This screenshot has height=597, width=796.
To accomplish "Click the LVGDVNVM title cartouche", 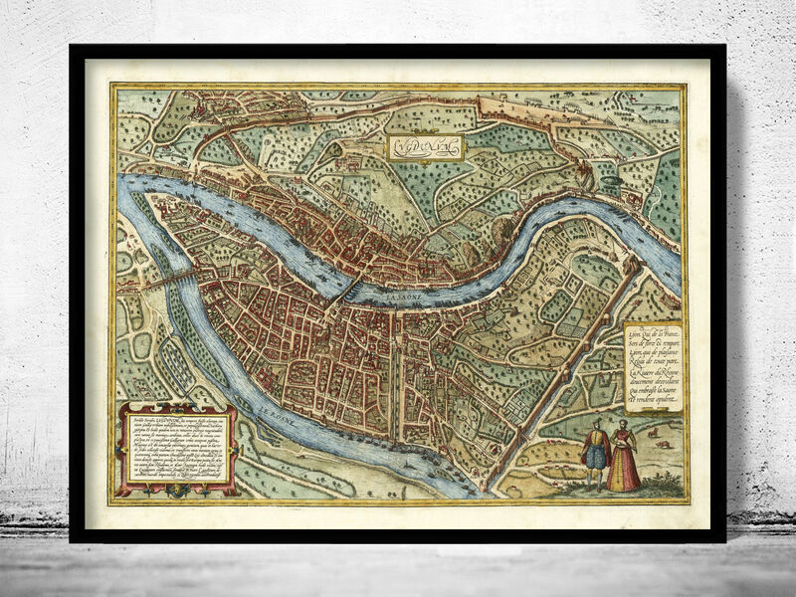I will (425, 148).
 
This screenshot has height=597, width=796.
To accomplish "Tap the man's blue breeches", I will (595, 457).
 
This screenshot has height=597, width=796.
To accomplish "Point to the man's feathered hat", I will (595, 423).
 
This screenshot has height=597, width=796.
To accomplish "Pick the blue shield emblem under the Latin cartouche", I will (177, 489).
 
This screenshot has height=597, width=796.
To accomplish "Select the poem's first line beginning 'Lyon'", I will (651, 336).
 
